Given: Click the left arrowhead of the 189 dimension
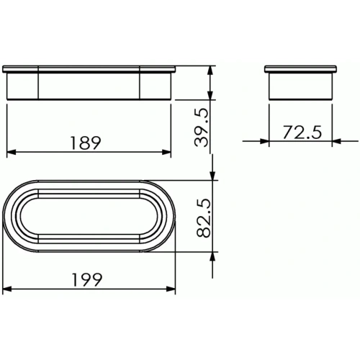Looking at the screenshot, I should point(10,153).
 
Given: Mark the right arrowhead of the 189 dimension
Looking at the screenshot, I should point(168,153).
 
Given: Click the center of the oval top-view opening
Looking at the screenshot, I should point(89,215).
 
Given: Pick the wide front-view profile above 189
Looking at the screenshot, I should point(89,83).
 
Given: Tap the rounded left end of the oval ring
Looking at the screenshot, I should point(10,215).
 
